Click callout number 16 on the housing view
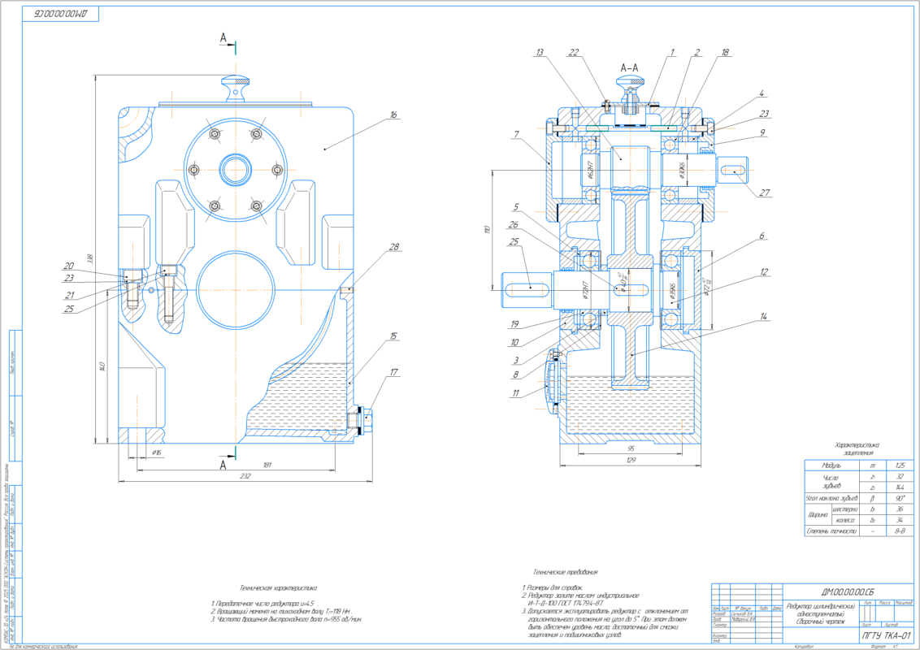393,115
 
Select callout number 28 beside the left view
393,247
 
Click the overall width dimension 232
245,476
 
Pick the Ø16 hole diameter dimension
157,451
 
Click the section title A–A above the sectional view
629,68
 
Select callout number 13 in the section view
539,53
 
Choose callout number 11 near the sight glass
516,393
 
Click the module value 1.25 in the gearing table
899,465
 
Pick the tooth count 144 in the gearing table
899,487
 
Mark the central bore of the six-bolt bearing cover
235,170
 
